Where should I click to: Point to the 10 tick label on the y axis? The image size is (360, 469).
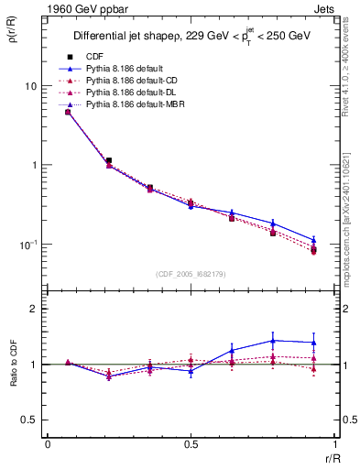click(x=31, y=86)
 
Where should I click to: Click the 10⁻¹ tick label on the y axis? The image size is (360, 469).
click(x=29, y=245)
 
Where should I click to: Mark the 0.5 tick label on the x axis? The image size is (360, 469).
click(x=191, y=444)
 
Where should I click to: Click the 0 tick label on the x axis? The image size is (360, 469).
click(x=48, y=444)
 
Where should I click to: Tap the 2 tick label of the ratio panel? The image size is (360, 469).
click(x=35, y=310)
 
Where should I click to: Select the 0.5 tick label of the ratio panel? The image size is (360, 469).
click(x=30, y=420)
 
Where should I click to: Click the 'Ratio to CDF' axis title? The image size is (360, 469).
click(x=13, y=376)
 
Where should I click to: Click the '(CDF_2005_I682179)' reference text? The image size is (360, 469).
click(x=191, y=272)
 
